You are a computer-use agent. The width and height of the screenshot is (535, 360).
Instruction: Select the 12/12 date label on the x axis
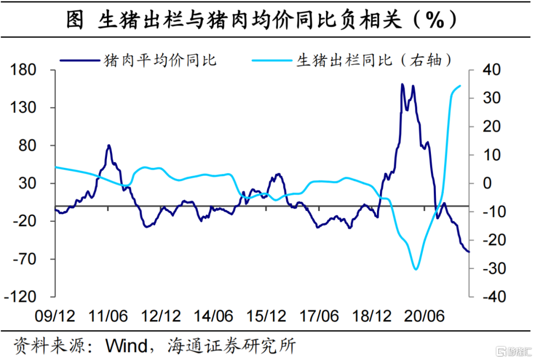(x=160, y=315)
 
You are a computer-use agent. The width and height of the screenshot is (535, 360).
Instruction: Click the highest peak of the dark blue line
(x=402, y=84)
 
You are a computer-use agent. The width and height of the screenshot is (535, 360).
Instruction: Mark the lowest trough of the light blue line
(x=416, y=269)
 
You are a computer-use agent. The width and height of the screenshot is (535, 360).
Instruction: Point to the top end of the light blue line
(x=460, y=86)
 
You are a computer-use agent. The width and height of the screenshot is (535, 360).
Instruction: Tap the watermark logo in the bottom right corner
(x=515, y=351)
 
